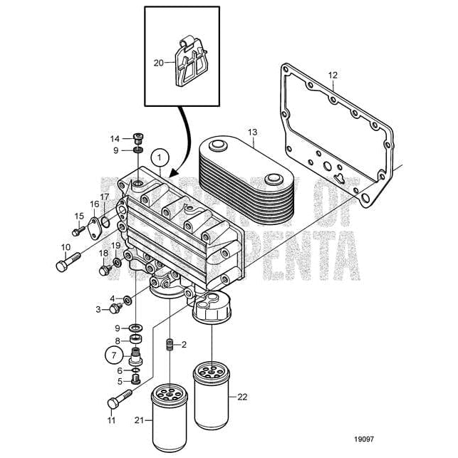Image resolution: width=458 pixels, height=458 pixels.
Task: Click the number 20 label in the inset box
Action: [x=159, y=63]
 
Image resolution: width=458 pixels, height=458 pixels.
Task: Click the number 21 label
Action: [x=149, y=420]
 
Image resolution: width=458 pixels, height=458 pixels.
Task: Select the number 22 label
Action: [x=242, y=397]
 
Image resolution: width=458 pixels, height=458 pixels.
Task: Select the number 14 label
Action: [x=115, y=138]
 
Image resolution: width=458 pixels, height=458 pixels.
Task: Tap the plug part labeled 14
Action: [x=138, y=138]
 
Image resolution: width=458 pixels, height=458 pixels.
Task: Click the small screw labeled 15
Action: [x=76, y=231]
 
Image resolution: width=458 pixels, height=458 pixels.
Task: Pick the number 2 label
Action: [x=183, y=344]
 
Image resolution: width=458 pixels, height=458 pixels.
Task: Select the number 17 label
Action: [x=105, y=197]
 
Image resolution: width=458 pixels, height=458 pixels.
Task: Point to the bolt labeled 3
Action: [x=113, y=308]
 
